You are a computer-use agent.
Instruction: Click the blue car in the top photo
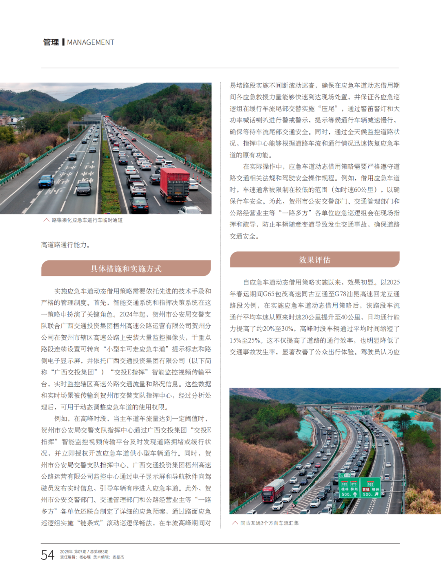point(46,181)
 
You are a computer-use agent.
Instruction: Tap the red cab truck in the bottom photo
point(273,490)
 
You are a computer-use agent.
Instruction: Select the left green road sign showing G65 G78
point(349,488)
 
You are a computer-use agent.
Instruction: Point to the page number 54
point(47,555)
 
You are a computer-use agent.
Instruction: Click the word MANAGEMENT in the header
point(90,43)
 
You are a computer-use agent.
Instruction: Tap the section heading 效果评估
point(314,260)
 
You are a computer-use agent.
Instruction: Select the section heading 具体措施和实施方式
point(126,269)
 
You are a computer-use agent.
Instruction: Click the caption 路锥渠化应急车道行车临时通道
point(87,220)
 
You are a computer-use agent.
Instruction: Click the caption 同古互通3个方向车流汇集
point(269,523)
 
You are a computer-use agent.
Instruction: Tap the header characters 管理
point(51,43)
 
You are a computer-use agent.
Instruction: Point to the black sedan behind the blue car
point(83,188)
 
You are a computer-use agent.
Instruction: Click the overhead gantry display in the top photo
point(86,122)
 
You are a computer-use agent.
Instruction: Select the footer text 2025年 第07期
point(73,551)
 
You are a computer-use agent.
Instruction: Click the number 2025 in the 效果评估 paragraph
point(393,282)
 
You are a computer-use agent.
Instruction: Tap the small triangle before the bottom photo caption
point(235,523)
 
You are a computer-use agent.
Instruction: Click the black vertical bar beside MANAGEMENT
point(63,43)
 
